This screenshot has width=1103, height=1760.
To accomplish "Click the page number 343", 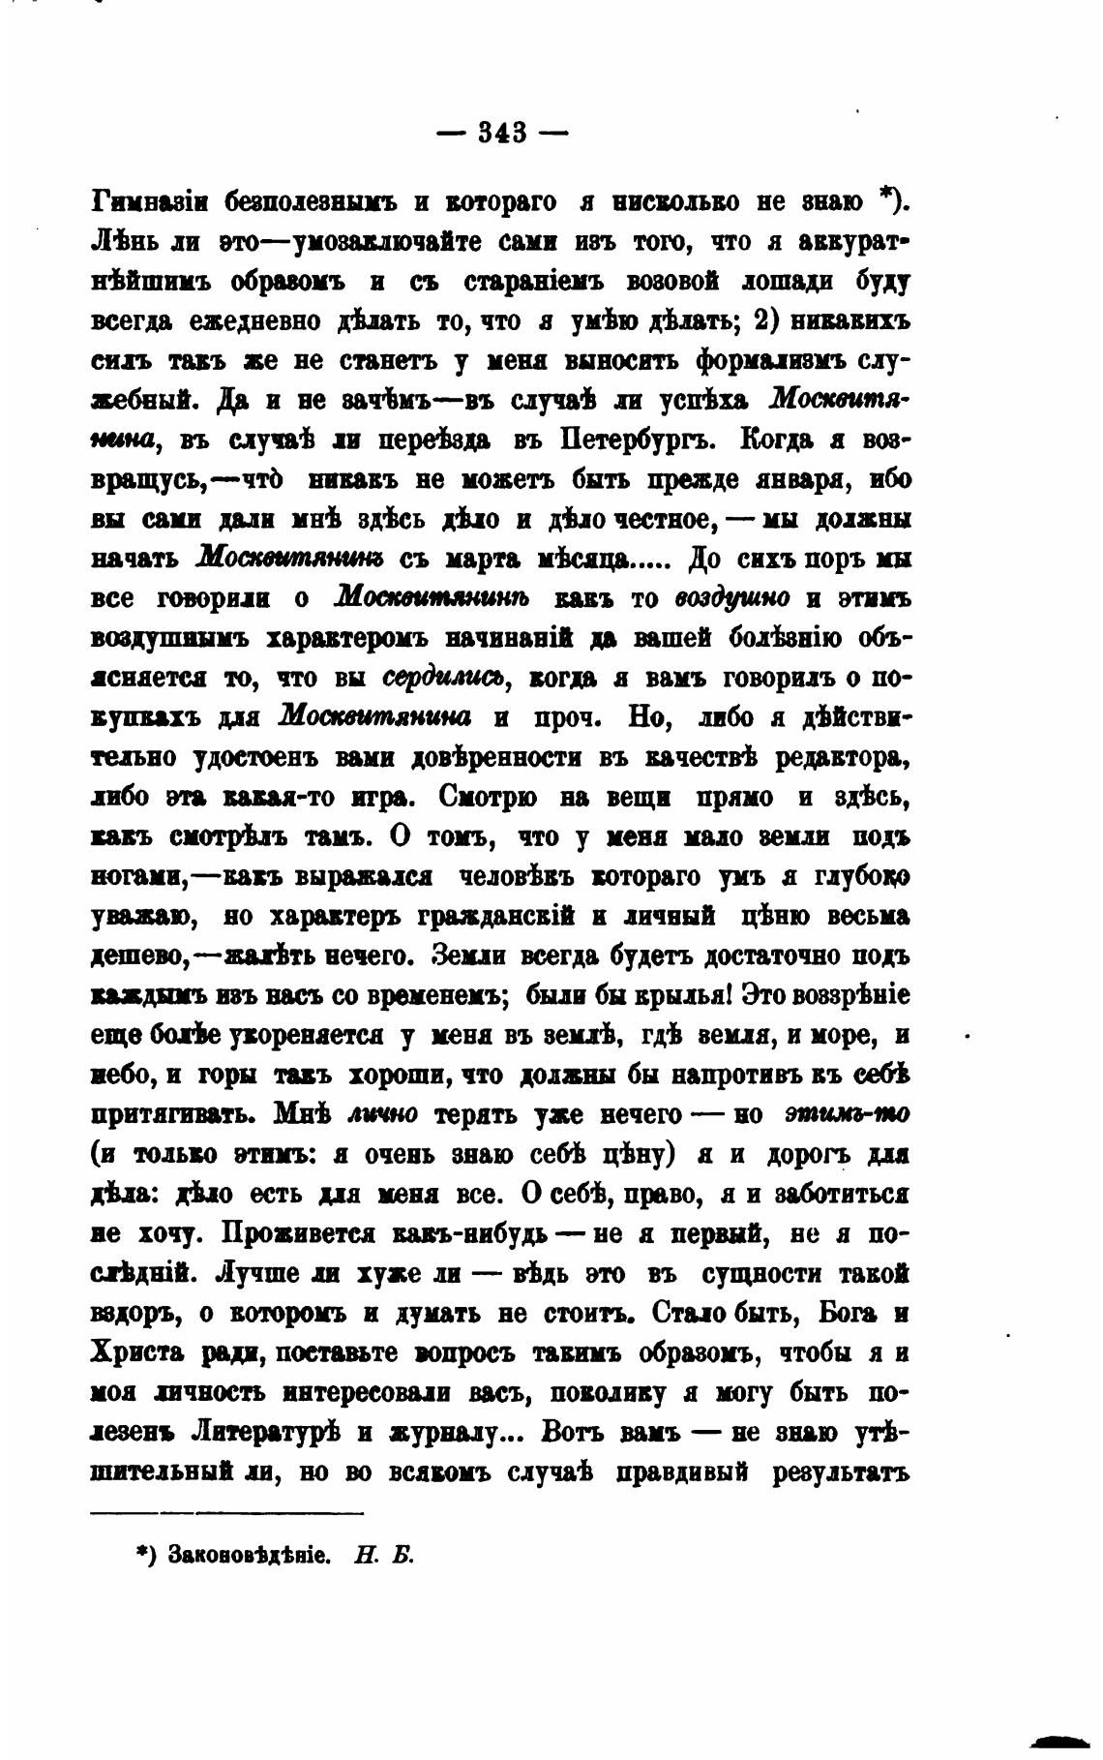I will pos(502,132).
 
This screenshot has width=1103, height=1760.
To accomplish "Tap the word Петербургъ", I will pos(636,440).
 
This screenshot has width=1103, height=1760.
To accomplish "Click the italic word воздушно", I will pos(731,599).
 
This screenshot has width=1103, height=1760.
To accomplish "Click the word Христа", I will pos(137,1354).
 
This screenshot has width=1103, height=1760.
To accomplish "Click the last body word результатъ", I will pos(840,1472).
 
